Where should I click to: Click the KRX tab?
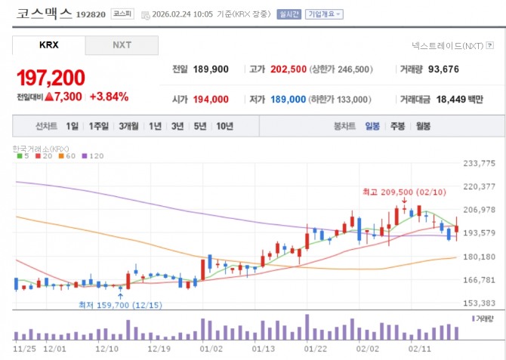(48, 45)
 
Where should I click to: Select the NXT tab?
(122, 45)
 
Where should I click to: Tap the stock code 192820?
(92, 14)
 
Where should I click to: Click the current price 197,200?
(50, 77)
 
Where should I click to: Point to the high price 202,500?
(288, 69)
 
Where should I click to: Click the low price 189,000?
(288, 99)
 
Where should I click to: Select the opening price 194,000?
(211, 99)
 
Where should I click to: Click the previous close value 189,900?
(211, 69)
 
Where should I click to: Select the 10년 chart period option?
(224, 126)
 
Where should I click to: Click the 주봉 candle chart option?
(397, 126)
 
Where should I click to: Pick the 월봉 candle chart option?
(422, 126)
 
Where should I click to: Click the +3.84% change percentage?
(109, 97)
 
